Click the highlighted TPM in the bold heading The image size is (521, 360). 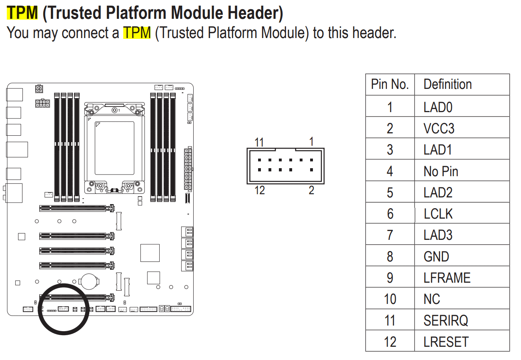tap(22, 13)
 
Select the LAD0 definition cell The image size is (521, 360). tap(439, 107)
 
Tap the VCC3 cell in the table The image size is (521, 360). tap(439, 129)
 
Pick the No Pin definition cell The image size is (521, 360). tap(441, 171)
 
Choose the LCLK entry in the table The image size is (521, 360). tap(438, 214)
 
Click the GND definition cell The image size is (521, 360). tap(436, 257)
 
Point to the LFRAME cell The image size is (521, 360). tap(447, 278)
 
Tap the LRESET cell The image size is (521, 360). tap(446, 342)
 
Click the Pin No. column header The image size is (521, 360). tap(390, 84)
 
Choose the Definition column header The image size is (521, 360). tap(447, 84)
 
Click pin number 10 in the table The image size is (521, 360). tap(390, 299)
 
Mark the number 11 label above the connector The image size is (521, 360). tap(259, 143)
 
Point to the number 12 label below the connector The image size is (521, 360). tap(260, 190)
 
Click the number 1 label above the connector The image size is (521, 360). tap(311, 141)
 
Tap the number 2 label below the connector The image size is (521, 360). tap(311, 190)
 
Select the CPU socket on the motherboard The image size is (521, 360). tap(114, 148)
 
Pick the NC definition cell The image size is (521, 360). tap(432, 299)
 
